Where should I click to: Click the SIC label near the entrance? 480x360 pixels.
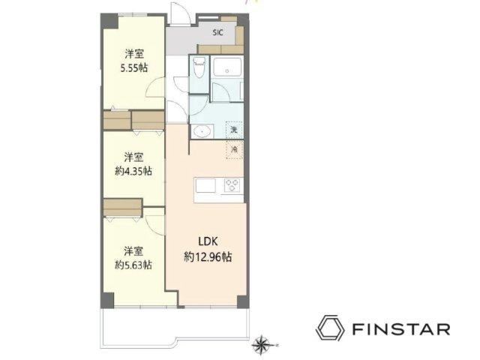pyautogui.click(x=218, y=32)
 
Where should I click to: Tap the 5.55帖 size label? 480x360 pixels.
pyautogui.click(x=134, y=68)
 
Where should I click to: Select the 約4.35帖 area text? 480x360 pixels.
pyautogui.click(x=133, y=171)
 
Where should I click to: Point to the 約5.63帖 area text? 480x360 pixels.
pyautogui.click(x=133, y=265)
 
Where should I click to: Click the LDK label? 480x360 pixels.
pyautogui.click(x=208, y=241)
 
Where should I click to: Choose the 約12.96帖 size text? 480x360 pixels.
pyautogui.click(x=208, y=256)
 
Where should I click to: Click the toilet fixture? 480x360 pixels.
pyautogui.click(x=199, y=68)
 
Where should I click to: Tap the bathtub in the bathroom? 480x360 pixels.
pyautogui.click(x=227, y=67)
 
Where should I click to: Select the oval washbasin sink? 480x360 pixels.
pyautogui.click(x=202, y=132)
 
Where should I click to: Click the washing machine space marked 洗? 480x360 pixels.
pyautogui.click(x=234, y=130)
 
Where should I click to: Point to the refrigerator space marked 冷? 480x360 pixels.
pyautogui.click(x=235, y=150)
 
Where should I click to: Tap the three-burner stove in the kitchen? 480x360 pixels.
pyautogui.click(x=232, y=185)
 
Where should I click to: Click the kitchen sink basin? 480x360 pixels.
pyautogui.click(x=205, y=186)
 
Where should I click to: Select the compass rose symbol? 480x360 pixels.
pyautogui.click(x=261, y=345)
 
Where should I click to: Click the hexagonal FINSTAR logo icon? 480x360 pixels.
pyautogui.click(x=330, y=328)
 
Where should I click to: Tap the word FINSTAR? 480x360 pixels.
pyautogui.click(x=401, y=329)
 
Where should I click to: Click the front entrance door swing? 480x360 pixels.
pyautogui.click(x=181, y=13)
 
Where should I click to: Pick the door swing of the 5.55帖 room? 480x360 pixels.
pyautogui.click(x=155, y=87)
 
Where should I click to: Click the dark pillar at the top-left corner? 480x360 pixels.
pyautogui.click(x=109, y=22)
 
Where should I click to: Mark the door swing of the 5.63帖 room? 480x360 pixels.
pyautogui.click(x=156, y=225)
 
